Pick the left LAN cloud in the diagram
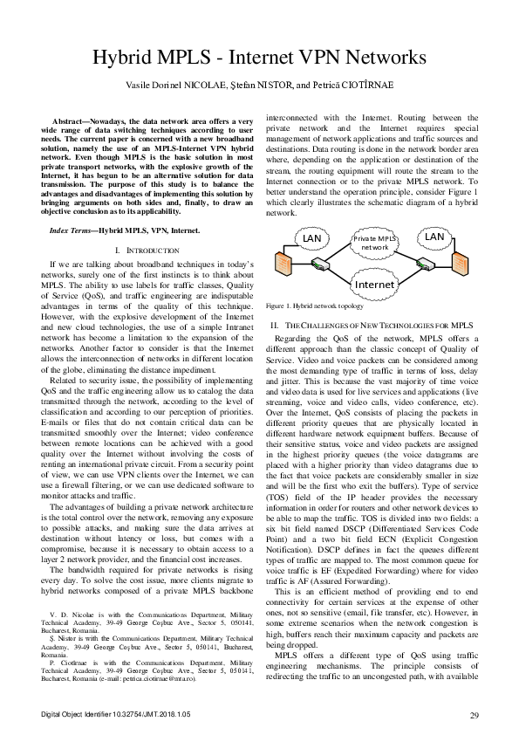[x=311, y=237]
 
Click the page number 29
[x=475, y=717]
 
